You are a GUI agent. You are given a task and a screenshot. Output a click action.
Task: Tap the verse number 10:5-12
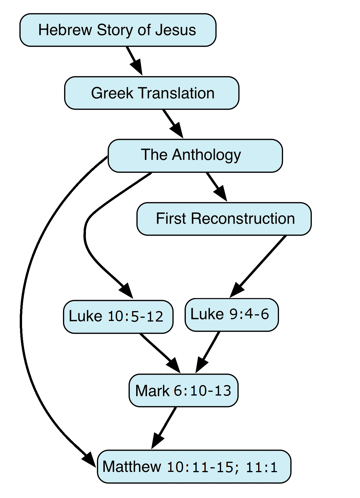[135, 316]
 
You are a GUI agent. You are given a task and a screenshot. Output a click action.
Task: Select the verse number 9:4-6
[249, 314]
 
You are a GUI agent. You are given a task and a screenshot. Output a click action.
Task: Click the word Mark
[152, 391]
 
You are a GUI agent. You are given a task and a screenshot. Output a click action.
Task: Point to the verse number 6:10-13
[202, 391]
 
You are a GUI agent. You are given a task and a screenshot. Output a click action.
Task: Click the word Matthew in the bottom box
[132, 467]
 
